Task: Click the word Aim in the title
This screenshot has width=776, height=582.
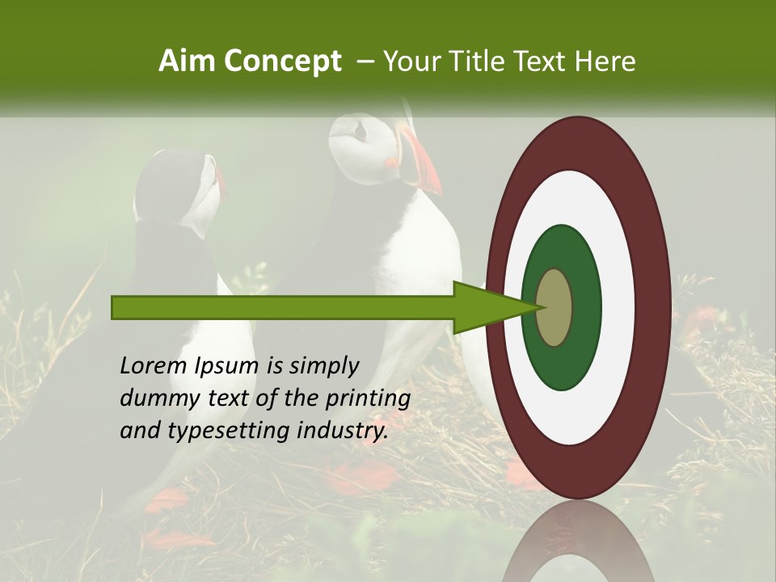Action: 188,61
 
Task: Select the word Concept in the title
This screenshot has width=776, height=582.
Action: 282,61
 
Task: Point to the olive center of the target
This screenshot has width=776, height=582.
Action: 555,308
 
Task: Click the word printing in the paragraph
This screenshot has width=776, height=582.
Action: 368,399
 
